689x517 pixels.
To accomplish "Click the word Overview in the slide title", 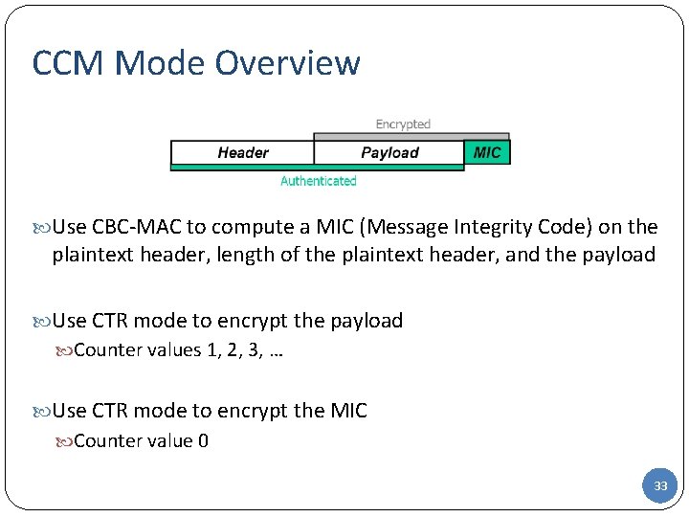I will point(287,63).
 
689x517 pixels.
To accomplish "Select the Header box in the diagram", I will point(242,152).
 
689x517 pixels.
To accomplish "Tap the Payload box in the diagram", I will point(389,152).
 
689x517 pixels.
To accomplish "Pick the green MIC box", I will point(487,152).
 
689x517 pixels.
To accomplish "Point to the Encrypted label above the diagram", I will point(403,124).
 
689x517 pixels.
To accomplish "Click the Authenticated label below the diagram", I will point(318,181).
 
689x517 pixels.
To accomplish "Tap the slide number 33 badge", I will point(659,486).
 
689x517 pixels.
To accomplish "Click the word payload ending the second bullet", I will point(367,321).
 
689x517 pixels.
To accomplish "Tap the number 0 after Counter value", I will point(203,441).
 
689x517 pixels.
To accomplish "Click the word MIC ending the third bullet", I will point(347,411).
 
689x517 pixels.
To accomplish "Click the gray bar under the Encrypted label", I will point(411,137).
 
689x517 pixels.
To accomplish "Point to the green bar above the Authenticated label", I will point(316,168).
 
